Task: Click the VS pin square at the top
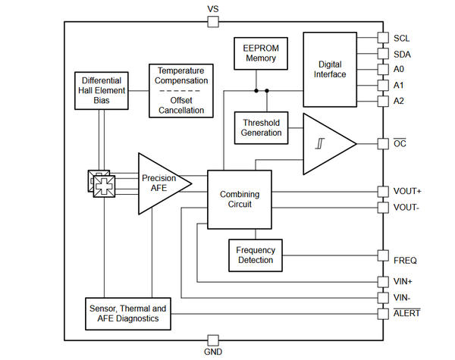point(213,22)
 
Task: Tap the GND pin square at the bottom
point(213,340)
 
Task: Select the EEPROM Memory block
point(261,53)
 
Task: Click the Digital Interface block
point(330,70)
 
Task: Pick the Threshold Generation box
point(261,128)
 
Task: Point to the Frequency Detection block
point(256,255)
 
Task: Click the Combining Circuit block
point(240,199)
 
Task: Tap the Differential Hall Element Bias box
point(102,91)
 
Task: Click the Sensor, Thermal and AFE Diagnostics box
point(128,314)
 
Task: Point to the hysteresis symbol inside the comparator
point(320,143)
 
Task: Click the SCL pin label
point(402,39)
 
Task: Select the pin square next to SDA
point(383,54)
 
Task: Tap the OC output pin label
point(400,143)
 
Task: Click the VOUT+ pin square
point(383,192)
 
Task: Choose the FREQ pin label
point(405,261)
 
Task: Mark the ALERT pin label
point(406,313)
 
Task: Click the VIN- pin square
point(383,298)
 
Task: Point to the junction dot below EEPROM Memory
point(256,91)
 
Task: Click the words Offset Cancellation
point(181,105)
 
